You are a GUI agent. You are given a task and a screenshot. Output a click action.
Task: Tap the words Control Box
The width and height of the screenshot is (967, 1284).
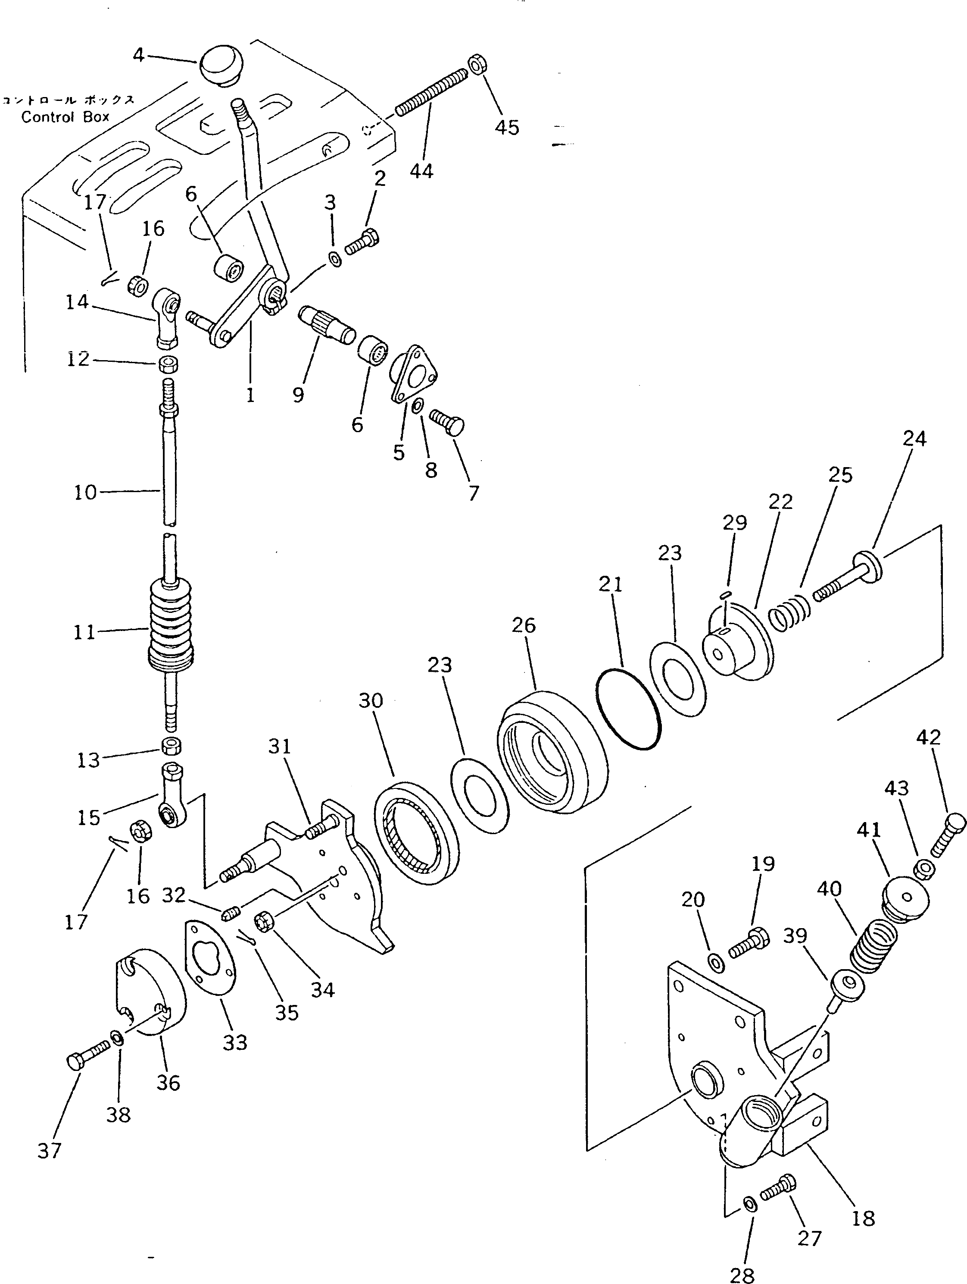pos(65,117)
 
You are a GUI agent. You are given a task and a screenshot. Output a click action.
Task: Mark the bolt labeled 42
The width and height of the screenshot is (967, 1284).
pos(948,834)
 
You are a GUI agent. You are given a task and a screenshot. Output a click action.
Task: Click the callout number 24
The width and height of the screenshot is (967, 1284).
pos(914,439)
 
